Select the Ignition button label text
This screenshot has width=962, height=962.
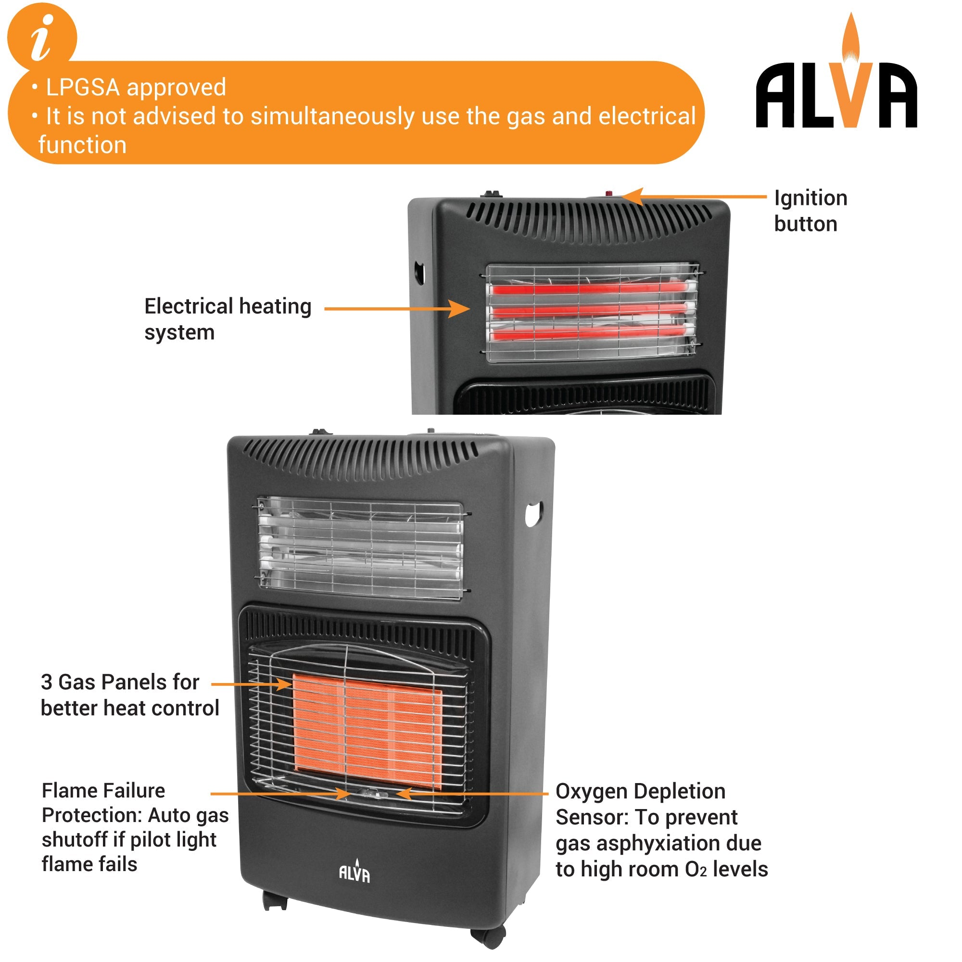(810, 211)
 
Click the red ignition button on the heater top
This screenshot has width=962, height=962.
(609, 194)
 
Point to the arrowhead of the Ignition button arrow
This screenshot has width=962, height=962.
(628, 196)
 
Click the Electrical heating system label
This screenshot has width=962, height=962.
(228, 319)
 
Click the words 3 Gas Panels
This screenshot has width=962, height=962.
(119, 682)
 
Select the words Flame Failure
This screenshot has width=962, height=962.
(103, 791)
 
